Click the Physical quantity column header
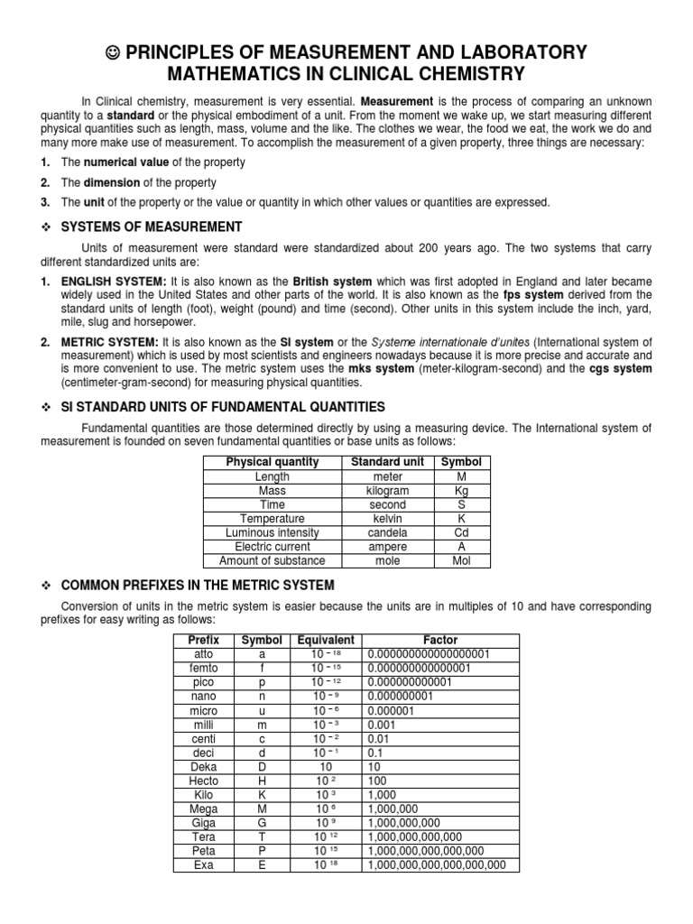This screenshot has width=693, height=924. pos(272,462)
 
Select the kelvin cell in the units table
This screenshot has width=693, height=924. pos(387,519)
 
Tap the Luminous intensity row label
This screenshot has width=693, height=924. pos(272,532)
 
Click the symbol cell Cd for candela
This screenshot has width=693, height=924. pos(461,532)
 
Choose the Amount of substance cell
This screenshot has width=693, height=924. pos(272,560)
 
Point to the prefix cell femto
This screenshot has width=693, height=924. pos(203,668)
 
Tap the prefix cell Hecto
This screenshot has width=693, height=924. pos(203,780)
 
